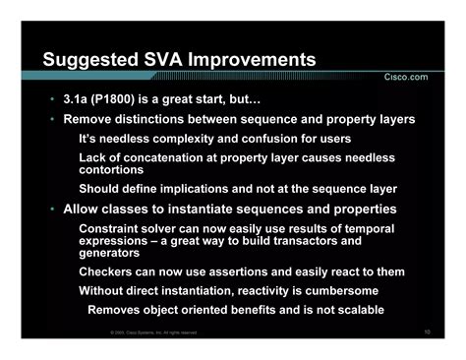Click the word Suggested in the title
click(91, 61)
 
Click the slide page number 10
click(428, 332)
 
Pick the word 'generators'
click(111, 252)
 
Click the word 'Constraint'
click(114, 228)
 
